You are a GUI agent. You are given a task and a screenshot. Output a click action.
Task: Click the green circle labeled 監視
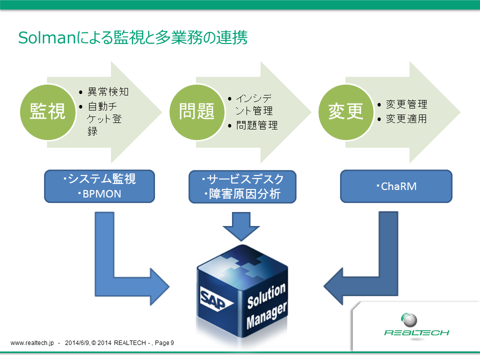[47, 112]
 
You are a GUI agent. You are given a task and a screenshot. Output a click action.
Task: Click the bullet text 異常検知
[108, 92]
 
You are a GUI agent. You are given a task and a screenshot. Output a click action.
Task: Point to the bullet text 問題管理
[256, 125]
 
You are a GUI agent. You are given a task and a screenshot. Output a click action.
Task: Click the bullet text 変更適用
[406, 119]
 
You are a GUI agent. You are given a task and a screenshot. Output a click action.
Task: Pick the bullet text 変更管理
[406, 105]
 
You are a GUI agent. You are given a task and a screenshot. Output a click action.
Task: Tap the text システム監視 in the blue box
[102, 179]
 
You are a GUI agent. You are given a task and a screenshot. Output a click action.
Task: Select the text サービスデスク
[244, 179]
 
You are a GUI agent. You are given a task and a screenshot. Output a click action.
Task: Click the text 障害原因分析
[244, 194]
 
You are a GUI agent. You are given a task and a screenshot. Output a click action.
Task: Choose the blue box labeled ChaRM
[396, 186]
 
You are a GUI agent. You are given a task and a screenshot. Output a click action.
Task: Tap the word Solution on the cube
[266, 295]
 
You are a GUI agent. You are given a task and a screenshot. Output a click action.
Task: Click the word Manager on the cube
[267, 315]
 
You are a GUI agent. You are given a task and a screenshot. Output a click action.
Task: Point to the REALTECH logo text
[416, 332]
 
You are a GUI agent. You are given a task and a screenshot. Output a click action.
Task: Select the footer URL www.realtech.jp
[31, 343]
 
